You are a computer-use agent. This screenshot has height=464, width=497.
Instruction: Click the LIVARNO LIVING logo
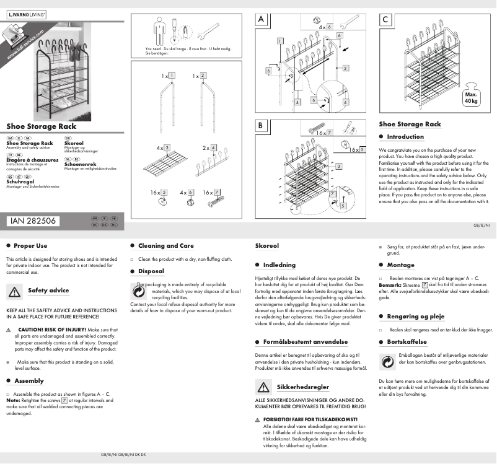[25, 14]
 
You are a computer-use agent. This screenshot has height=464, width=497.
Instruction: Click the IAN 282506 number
[32, 221]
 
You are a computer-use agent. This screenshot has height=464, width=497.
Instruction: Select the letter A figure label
[262, 20]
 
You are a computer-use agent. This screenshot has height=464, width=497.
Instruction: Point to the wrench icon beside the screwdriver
[208, 30]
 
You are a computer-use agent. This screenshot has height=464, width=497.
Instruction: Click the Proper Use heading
[30, 246]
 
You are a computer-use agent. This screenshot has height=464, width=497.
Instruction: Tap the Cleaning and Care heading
[165, 246]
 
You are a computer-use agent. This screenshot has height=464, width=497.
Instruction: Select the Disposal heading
[151, 271]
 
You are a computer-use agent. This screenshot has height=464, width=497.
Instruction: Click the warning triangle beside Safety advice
[14, 291]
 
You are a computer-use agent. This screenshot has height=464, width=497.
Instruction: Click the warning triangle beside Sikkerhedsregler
[263, 387]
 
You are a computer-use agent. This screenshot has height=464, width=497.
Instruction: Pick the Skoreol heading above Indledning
[267, 246]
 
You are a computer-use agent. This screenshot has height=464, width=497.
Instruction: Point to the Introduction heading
[405, 137]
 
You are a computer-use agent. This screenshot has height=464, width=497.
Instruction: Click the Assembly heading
[29, 380]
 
